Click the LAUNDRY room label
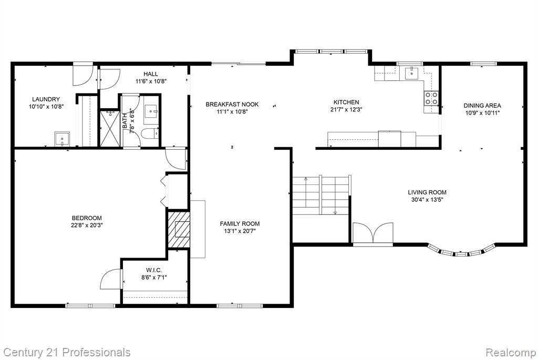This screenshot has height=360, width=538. (46, 99)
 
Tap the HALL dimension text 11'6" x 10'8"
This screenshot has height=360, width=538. (151, 81)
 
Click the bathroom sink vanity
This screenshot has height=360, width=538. (151, 110)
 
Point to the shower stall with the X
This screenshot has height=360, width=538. (110, 128)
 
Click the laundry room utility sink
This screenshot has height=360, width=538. (63, 139)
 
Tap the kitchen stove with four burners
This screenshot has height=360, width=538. (431, 98)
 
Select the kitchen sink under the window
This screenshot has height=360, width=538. (411, 73)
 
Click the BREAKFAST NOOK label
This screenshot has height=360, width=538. (232, 105)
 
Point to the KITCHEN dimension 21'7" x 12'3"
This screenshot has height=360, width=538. (346, 110)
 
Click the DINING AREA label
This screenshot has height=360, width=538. (482, 106)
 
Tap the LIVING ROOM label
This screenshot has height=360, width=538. (427, 192)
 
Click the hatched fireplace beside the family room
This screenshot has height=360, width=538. (179, 229)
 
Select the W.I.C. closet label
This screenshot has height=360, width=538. (154, 271)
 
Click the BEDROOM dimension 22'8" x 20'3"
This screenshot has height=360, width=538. (87, 225)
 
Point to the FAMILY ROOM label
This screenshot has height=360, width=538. (240, 224)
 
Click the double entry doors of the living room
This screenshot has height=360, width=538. (373, 233)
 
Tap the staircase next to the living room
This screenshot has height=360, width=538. (321, 195)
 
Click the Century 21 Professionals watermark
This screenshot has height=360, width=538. (67, 353)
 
